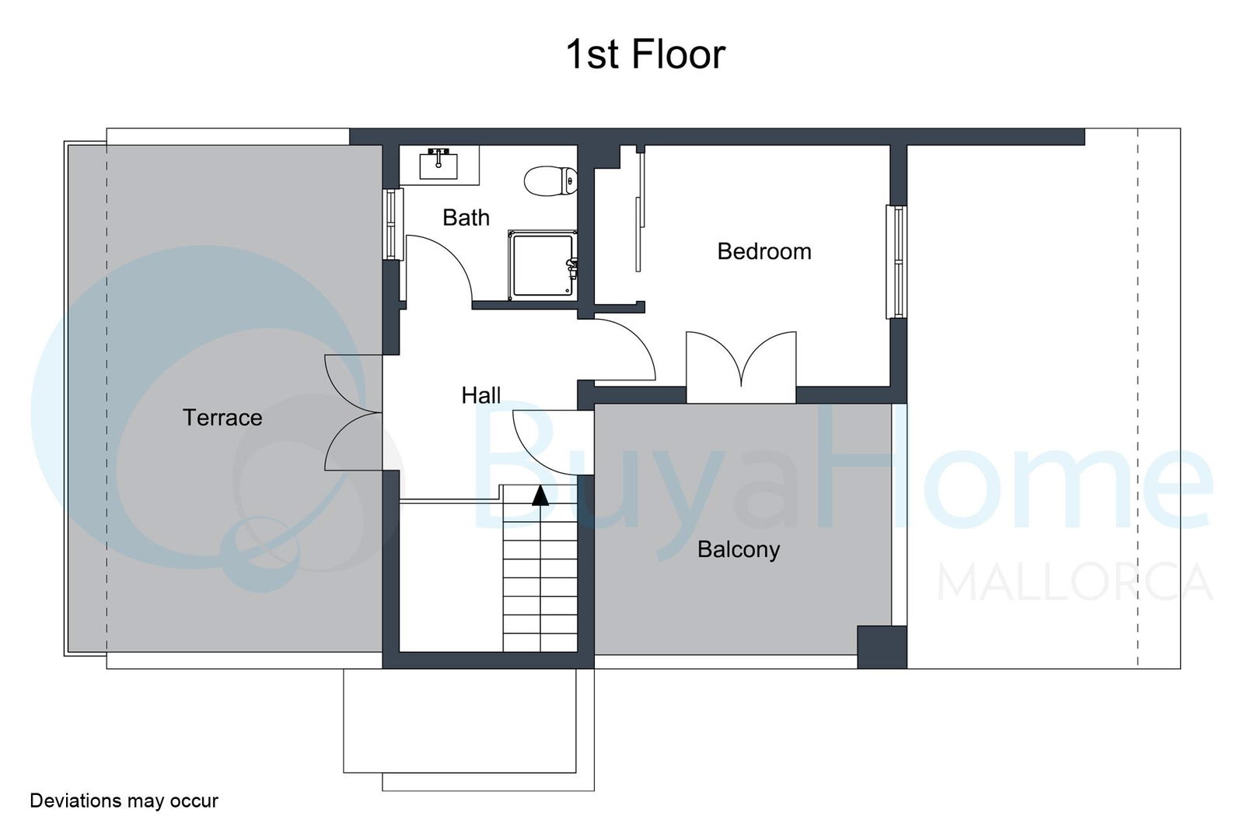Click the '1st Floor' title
[645, 54]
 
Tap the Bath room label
[466, 218]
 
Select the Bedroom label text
[764, 252]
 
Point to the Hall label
[481, 396]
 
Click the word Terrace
[222, 418]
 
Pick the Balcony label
[739, 550]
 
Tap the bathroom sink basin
[439, 164]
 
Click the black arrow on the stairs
[540, 496]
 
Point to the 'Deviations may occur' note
[124, 800]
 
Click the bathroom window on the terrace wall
[393, 225]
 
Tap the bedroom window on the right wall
[896, 262]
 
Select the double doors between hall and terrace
[353, 413]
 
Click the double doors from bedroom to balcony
[741, 366]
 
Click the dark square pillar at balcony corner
[882, 647]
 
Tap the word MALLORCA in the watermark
[1075, 582]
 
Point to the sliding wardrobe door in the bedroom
[640, 211]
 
